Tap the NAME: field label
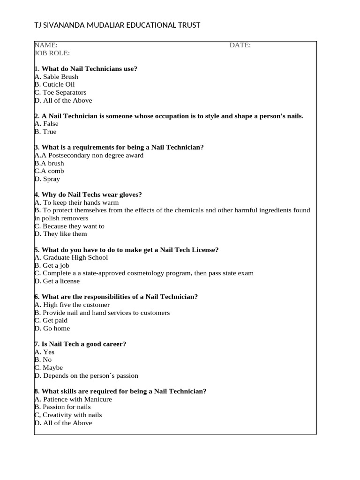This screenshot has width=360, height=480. [46, 45]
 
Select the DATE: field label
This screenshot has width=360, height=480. [240, 45]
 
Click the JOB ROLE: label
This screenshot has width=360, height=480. [52, 53]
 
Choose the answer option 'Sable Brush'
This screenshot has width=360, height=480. [60, 76]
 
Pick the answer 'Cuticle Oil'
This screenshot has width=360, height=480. [59, 84]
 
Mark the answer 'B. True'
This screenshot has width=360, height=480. [45, 132]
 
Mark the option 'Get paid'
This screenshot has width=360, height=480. [55, 321]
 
